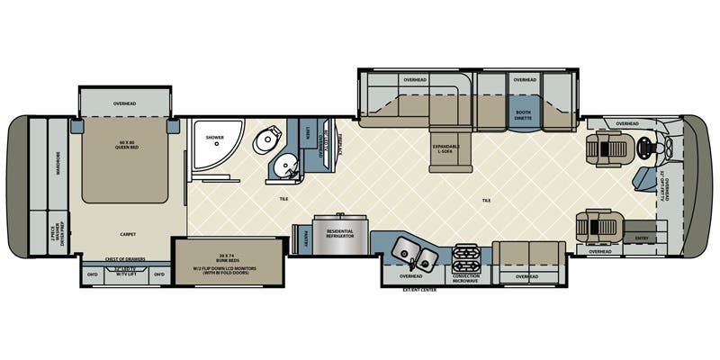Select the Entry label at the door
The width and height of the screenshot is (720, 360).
tap(640, 238)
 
